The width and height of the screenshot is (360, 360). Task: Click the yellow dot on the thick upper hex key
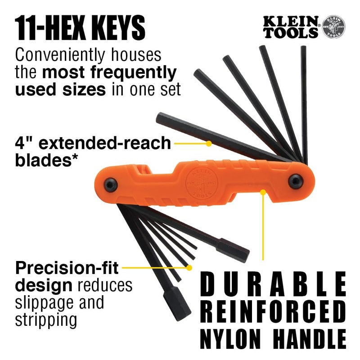coord(208,144)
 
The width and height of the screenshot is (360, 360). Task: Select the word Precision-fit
coord(67,269)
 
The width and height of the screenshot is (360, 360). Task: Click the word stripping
coord(45,321)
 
